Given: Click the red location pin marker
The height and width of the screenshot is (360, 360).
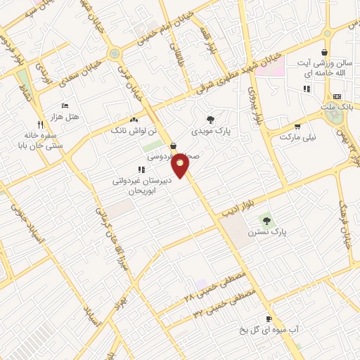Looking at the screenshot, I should [x=181, y=166].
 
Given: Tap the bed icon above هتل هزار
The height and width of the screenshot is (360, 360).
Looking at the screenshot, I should [x=65, y=105].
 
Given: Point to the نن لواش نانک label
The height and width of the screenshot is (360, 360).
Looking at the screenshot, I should [x=128, y=130].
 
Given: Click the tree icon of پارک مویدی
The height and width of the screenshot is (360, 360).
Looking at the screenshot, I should [x=210, y=120].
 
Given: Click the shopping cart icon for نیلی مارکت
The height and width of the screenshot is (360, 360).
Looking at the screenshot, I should [x=298, y=127].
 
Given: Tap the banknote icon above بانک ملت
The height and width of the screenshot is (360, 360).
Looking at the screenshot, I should [x=337, y=96].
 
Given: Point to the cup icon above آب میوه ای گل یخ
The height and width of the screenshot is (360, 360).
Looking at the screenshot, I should [x=269, y=319].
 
